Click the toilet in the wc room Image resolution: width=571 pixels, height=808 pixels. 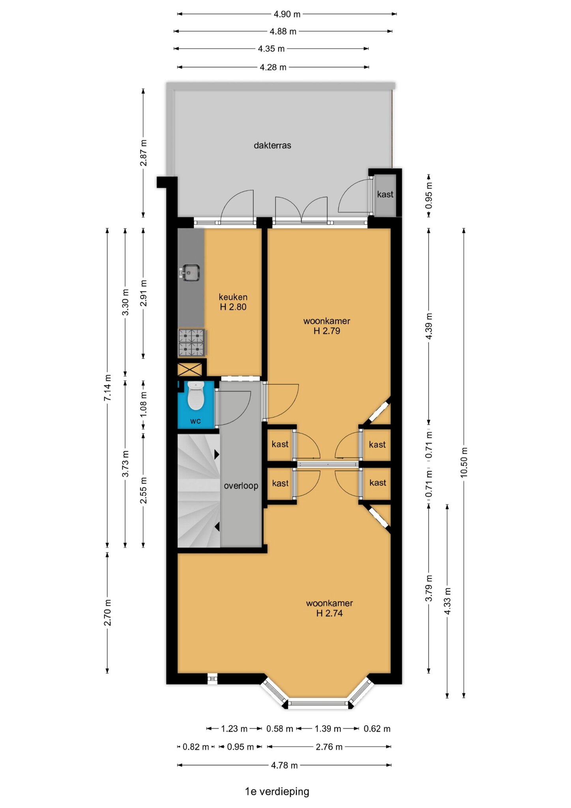pyautogui.click(x=195, y=395)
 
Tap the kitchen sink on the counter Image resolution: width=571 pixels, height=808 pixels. pyautogui.click(x=190, y=273)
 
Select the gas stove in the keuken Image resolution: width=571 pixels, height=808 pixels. pyautogui.click(x=192, y=342)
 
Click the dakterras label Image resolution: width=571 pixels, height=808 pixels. pyautogui.click(x=272, y=146)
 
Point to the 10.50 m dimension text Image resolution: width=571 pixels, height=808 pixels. pyautogui.click(x=464, y=462)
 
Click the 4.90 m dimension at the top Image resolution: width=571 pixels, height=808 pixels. pyautogui.click(x=287, y=14)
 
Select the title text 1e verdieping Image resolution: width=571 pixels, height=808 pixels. pyautogui.click(x=277, y=791)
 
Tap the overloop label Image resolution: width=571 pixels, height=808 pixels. pyautogui.click(x=241, y=486)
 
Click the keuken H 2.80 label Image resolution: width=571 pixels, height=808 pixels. pyautogui.click(x=233, y=302)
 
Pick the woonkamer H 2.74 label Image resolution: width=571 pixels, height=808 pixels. pyautogui.click(x=329, y=608)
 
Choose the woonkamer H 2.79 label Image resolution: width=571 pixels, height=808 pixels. pyautogui.click(x=327, y=326)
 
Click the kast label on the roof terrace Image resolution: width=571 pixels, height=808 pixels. pyautogui.click(x=385, y=194)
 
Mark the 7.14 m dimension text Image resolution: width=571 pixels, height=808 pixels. pyautogui.click(x=107, y=388)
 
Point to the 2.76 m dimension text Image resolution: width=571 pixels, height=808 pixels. pyautogui.click(x=329, y=747)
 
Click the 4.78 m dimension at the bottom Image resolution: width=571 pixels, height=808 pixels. pyautogui.click(x=284, y=765)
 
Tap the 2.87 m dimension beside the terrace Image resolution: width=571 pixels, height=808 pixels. pyautogui.click(x=144, y=153)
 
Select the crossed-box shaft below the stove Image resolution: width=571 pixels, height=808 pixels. pyautogui.click(x=190, y=369)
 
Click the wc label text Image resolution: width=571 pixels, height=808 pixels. pyautogui.click(x=195, y=421)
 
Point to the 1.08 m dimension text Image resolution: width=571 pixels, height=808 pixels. pyautogui.click(x=144, y=404)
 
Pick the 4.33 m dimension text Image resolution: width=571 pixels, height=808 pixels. pyautogui.click(x=447, y=601)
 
